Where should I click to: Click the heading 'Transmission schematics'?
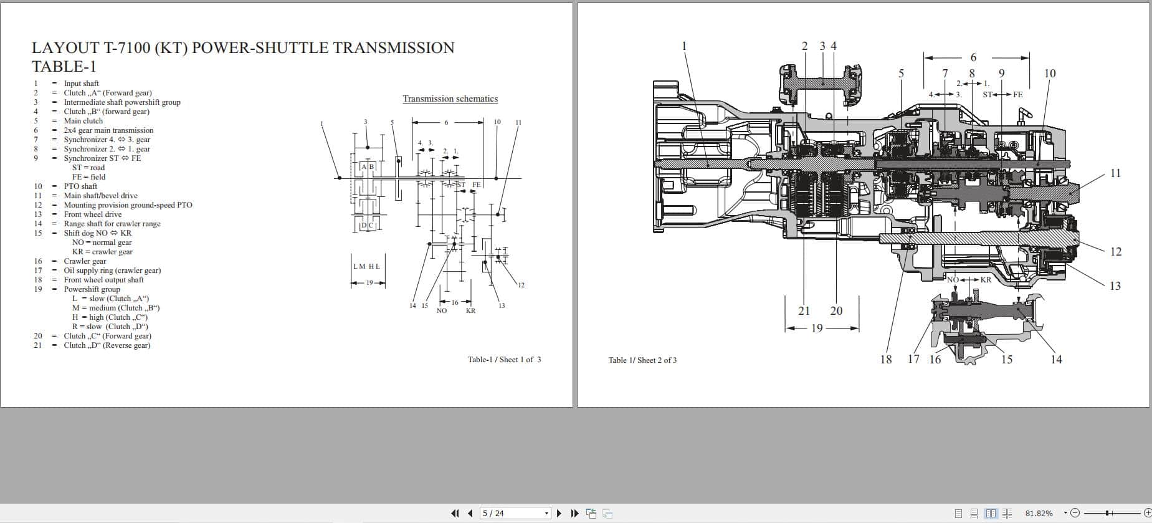[450, 98]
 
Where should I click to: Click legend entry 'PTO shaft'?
[80, 186]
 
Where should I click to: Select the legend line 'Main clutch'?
[83, 121]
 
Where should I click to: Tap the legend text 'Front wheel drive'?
[92, 214]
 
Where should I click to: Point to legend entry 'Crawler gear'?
[85, 261]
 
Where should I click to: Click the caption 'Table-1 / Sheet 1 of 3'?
[504, 360]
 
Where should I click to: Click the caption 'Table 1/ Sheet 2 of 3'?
[642, 360]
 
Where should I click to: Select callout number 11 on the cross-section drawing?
[1115, 173]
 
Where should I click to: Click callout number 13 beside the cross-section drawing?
[1115, 286]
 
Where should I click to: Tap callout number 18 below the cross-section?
[885, 360]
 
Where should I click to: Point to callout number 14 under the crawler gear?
[1056, 360]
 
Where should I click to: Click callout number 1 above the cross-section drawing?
[684, 46]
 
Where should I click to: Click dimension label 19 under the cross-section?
[816, 329]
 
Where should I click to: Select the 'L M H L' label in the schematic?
[366, 266]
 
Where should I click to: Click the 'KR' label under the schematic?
[470, 310]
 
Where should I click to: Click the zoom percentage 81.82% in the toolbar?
[1039, 513]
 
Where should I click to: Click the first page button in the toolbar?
[454, 513]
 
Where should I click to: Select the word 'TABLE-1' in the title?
[64, 67]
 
